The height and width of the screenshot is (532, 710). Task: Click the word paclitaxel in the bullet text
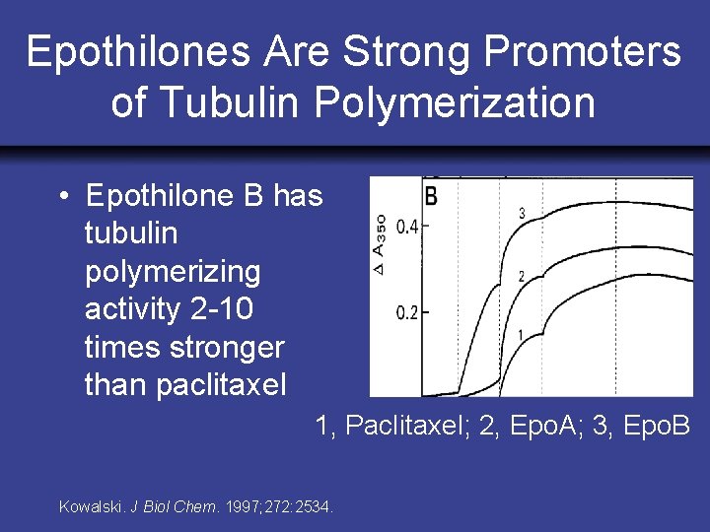click(185, 384)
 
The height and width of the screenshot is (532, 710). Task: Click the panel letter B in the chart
click(431, 195)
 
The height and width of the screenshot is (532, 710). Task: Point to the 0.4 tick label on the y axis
click(406, 227)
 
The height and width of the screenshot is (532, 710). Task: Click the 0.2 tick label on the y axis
click(406, 313)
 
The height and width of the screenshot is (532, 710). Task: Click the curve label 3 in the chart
click(521, 213)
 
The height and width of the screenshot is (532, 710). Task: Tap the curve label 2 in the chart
click(520, 275)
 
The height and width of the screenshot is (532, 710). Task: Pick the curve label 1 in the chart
click(520, 336)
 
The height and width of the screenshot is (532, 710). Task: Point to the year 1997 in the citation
click(243, 507)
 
